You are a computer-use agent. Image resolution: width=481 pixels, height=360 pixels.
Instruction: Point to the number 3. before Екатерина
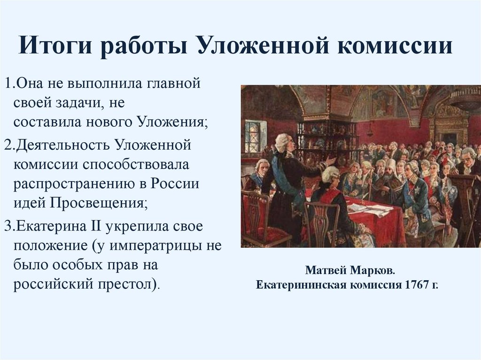(9, 226)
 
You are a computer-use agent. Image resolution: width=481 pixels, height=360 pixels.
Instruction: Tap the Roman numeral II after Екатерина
(97, 226)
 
